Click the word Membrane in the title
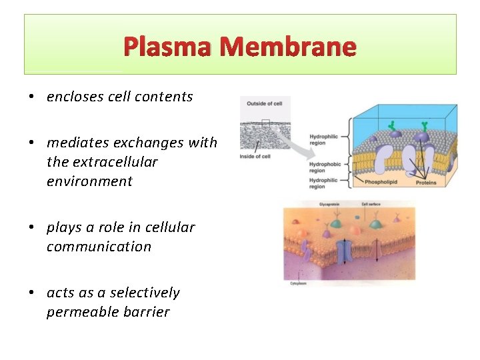pyautogui.click(x=289, y=47)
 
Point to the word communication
pyautogui.click(x=99, y=247)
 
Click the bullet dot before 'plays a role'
pyautogui.click(x=32, y=228)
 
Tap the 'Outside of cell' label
pyautogui.click(x=265, y=103)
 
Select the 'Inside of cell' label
pyautogui.click(x=255, y=157)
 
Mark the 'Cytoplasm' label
pyautogui.click(x=299, y=283)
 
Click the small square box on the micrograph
pyautogui.click(x=266, y=123)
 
